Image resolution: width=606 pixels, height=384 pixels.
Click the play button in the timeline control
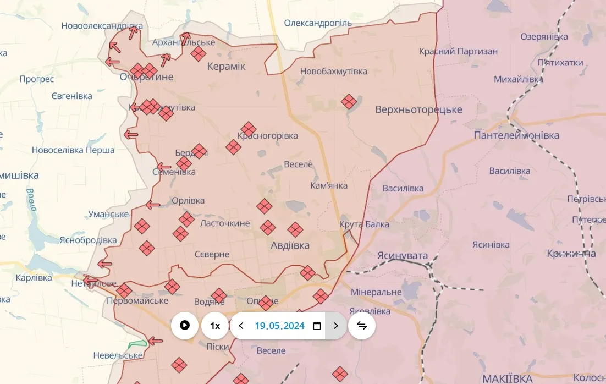185,326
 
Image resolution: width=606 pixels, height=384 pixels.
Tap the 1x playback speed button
215,326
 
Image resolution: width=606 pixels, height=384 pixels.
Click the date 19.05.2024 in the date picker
279,326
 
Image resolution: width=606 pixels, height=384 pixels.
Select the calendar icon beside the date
317,326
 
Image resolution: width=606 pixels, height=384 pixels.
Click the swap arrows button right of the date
362,326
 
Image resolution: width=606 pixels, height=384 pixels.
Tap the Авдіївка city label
290,245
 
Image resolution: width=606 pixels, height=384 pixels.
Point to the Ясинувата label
403,255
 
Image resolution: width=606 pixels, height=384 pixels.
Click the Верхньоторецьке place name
418,109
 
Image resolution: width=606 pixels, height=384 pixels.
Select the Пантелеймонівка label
516,135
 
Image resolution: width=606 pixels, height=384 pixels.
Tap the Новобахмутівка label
333,72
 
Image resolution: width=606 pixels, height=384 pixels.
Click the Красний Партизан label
458,51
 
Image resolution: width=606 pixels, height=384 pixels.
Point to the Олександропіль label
317,23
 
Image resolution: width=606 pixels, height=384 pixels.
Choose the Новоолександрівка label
102,26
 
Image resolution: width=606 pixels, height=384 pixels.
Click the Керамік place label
226,67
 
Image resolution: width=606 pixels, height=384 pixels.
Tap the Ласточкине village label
224,223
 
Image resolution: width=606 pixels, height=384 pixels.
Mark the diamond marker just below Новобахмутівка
349,102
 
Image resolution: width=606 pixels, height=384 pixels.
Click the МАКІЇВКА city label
507,378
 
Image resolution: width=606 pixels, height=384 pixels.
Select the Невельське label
118,355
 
